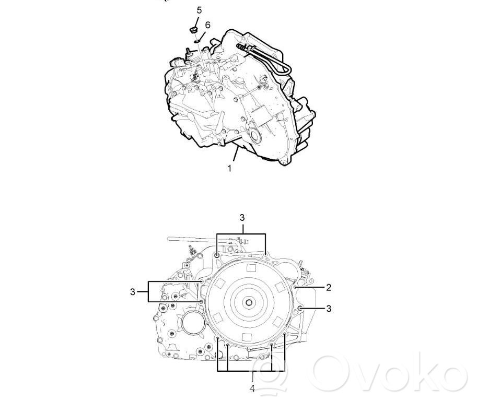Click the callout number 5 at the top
pyautogui.click(x=199, y=10)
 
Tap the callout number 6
pyautogui.click(x=207, y=25)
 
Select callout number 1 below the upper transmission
pyautogui.click(x=230, y=168)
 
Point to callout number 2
pyautogui.click(x=329, y=287)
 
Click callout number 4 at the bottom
pyautogui.click(x=252, y=388)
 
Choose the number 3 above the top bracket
pyautogui.click(x=242, y=218)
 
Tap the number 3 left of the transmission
pyautogui.click(x=132, y=292)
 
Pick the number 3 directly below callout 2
pyautogui.click(x=329, y=309)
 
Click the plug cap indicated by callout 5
pyautogui.click(x=193, y=30)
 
